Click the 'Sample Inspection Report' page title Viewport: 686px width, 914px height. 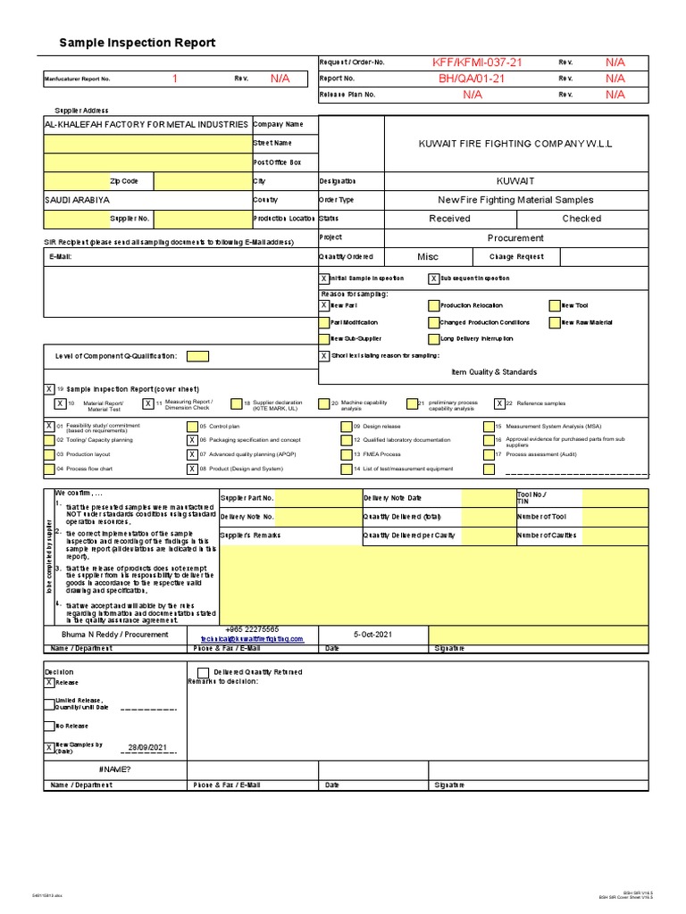click(x=137, y=43)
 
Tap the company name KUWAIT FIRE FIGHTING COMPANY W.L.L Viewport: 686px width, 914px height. click(x=515, y=144)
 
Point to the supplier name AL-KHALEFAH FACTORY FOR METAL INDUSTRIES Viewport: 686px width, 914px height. click(x=146, y=124)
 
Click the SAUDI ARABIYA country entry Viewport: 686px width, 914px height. click(x=78, y=201)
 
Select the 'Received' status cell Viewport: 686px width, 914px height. click(x=449, y=219)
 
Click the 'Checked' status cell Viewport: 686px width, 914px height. click(x=581, y=219)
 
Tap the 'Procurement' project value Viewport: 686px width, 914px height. click(x=515, y=238)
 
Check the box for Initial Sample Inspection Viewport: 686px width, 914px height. click(x=324, y=278)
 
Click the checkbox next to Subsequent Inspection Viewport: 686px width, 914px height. click(x=434, y=278)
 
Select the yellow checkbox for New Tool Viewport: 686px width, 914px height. click(x=555, y=305)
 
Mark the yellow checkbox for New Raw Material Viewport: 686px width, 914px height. click(x=555, y=322)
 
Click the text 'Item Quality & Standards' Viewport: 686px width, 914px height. click(x=494, y=372)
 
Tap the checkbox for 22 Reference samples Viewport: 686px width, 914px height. click(x=499, y=403)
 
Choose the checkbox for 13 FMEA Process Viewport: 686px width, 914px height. click(x=346, y=454)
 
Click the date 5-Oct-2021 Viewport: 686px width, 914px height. click(x=372, y=634)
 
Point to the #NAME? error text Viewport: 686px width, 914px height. click(x=114, y=769)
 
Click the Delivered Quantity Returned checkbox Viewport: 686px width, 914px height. click(x=204, y=672)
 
